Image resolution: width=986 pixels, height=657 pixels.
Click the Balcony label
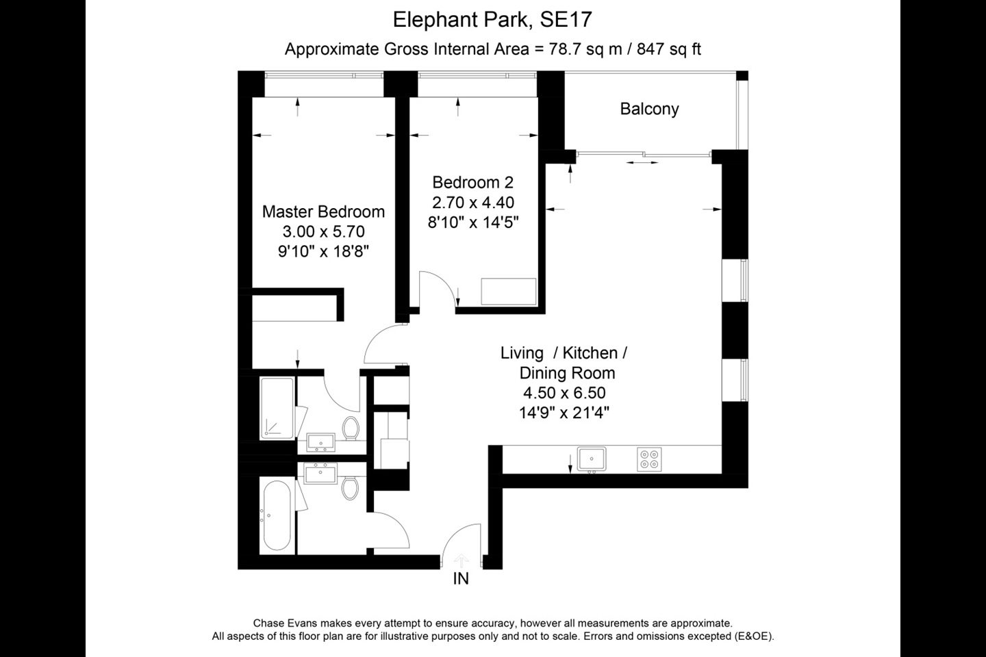coord(649,109)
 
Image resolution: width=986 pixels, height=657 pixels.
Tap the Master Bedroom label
coord(323,211)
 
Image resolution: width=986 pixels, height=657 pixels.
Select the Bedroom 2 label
coord(472,183)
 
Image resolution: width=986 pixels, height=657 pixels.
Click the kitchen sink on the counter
coord(591,459)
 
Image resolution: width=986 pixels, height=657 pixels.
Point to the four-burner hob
coord(648,459)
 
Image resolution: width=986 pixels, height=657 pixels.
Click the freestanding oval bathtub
coord(277,515)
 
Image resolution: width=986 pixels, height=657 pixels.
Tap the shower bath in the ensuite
coord(277,408)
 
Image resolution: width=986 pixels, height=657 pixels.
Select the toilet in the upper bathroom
coord(351,429)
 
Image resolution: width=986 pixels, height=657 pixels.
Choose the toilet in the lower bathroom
coord(351,488)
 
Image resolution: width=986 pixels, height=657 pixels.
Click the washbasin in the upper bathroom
coord(320,442)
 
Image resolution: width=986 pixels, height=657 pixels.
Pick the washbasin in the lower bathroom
coord(320,472)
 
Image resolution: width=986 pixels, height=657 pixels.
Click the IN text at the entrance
coord(461,579)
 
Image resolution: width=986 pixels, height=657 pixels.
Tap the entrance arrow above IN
coord(462,559)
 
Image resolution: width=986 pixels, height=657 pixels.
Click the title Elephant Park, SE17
coord(492,19)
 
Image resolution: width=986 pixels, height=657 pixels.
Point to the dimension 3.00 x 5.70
coord(323,231)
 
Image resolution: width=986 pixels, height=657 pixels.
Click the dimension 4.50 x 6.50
coord(564,393)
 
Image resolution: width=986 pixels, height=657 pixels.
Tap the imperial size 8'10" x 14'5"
coord(473,222)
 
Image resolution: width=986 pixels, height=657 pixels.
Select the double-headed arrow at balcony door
coord(642,163)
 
